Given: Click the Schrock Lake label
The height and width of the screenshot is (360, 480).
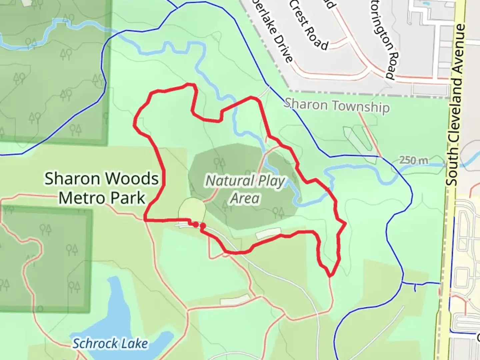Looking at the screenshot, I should (x=110, y=343).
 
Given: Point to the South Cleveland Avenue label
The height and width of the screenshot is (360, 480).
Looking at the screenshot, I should (x=456, y=105).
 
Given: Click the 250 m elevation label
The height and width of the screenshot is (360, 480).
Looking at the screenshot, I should (x=413, y=160).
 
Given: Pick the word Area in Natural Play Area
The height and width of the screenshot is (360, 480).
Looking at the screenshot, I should (x=245, y=198).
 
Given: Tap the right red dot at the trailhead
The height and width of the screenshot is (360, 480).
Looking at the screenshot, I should (x=202, y=226).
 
